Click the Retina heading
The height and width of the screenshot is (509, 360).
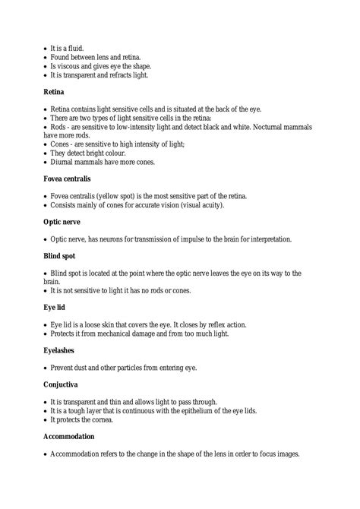(54, 91)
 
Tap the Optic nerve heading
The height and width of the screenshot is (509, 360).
(65, 223)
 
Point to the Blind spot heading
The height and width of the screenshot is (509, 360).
(62, 257)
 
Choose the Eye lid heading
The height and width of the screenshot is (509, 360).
(56, 308)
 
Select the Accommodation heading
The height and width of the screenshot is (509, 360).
(69, 438)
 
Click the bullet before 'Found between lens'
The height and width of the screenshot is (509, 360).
(46, 58)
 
